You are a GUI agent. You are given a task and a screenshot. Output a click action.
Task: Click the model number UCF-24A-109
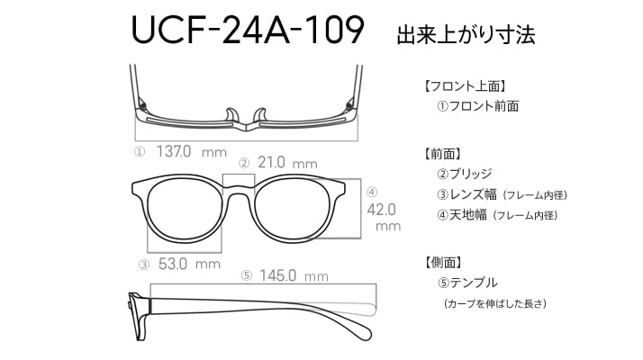(x=248, y=29)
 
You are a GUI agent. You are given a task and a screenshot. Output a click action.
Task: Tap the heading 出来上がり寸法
(x=466, y=34)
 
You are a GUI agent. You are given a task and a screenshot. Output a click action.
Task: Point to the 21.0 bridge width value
(x=271, y=162)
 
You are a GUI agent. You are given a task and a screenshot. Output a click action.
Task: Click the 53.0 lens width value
(x=173, y=264)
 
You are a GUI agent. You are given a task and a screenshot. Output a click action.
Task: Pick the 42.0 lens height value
(x=381, y=210)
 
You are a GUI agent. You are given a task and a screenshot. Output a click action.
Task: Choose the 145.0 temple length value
(x=277, y=275)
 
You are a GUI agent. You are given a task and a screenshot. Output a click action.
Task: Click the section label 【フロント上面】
(x=465, y=86)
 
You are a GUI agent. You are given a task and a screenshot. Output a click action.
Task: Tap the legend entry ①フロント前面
(x=477, y=106)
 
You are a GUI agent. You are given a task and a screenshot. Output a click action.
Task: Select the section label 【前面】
(x=443, y=154)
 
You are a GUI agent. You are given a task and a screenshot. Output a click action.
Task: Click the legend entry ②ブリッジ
(x=464, y=174)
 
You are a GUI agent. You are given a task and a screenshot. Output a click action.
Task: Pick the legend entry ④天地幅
(x=462, y=215)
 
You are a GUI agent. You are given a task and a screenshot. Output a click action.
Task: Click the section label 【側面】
(x=443, y=263)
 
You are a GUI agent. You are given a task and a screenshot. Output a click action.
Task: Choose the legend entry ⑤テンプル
(x=467, y=283)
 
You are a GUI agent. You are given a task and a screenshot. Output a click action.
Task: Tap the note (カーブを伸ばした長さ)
(x=495, y=304)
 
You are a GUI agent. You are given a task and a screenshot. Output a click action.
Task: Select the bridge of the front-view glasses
(x=239, y=189)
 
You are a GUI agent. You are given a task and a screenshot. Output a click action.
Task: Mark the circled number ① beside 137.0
(x=140, y=152)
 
